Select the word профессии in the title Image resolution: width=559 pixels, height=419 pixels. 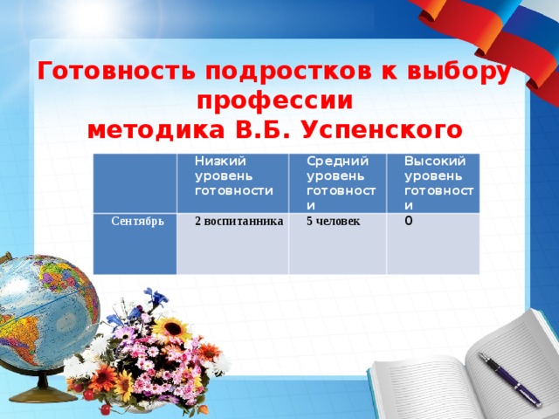[275, 100]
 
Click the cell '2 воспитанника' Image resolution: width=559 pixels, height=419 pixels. [238, 221]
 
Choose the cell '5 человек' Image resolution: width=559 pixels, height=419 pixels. [333, 221]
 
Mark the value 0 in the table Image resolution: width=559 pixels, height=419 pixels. [410, 221]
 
